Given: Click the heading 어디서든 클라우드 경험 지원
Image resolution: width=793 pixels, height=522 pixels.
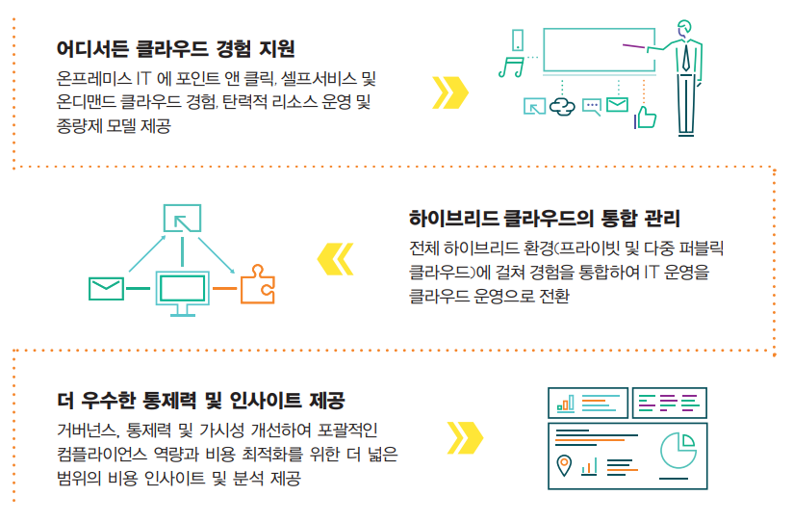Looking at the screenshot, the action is click(x=175, y=47).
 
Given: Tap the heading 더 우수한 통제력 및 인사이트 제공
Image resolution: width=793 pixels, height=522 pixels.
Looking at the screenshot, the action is click(x=201, y=400).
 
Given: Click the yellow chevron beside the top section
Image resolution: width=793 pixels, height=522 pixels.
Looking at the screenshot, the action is click(x=450, y=91).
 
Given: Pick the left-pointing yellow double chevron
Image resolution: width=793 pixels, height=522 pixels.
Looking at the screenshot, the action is click(x=335, y=258).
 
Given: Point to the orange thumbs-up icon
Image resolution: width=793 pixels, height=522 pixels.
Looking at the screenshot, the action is click(x=645, y=116).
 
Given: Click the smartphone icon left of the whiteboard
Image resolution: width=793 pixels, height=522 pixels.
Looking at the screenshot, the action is click(x=518, y=40).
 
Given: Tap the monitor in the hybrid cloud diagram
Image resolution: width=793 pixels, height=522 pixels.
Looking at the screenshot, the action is click(x=183, y=289).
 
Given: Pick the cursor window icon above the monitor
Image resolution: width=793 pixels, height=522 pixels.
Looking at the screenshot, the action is click(x=182, y=218).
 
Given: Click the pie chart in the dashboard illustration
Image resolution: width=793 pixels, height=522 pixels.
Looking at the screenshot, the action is click(x=678, y=450).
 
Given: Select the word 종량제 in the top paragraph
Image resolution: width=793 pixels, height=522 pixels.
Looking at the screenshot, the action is click(x=81, y=125).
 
